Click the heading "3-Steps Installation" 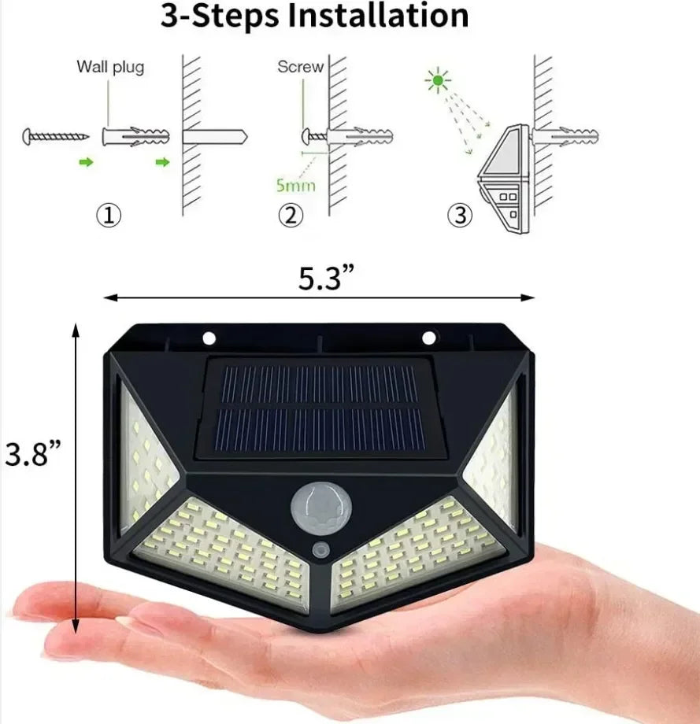(314, 17)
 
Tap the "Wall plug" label (110, 67)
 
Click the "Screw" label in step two (300, 67)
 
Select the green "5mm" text (296, 187)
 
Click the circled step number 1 (109, 216)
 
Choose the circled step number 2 (291, 216)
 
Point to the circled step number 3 (461, 216)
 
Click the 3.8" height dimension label (32, 455)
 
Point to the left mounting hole (209, 338)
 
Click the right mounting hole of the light (428, 338)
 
